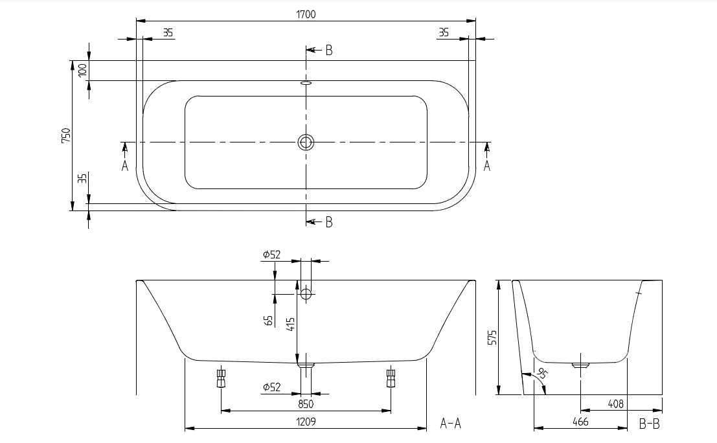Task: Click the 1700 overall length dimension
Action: [306, 14]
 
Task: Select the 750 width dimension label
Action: [66, 135]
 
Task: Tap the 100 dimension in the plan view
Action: [82, 71]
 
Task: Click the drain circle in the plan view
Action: [306, 142]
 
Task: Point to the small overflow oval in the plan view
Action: [306, 83]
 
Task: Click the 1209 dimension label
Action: [306, 422]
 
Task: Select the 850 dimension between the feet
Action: [306, 404]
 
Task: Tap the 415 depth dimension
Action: [291, 324]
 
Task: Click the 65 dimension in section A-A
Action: [269, 321]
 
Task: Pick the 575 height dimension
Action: [492, 337]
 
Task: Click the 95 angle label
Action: [542, 374]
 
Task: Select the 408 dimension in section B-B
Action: [615, 403]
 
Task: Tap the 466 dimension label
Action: [580, 422]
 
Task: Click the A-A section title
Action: [450, 424]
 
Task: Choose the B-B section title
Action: [650, 424]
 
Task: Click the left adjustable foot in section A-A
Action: [222, 376]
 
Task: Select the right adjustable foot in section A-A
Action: [391, 376]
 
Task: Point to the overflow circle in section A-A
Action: [306, 294]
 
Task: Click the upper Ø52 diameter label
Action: [271, 255]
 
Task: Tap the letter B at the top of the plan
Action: [329, 51]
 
